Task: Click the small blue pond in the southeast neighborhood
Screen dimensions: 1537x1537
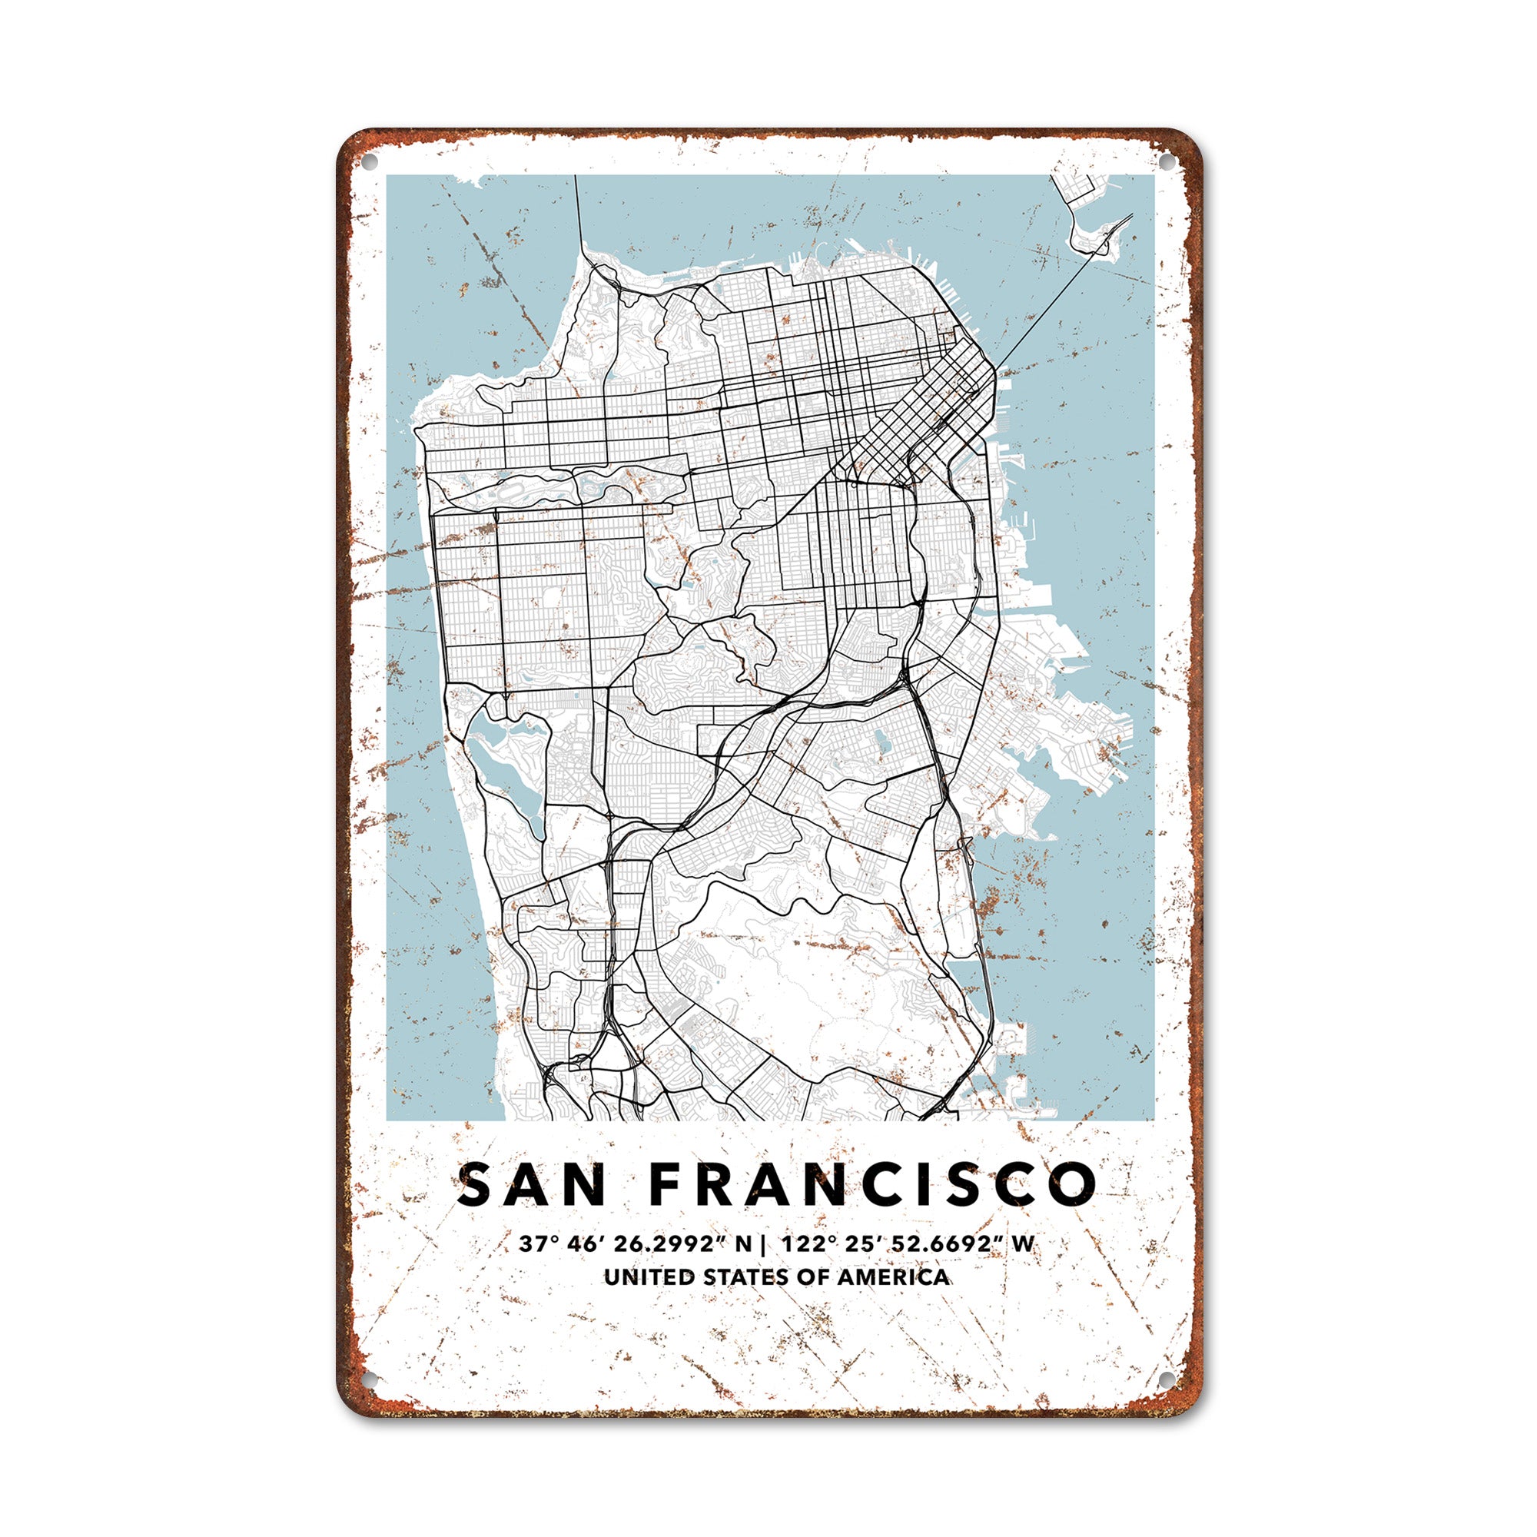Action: click(x=880, y=743)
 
